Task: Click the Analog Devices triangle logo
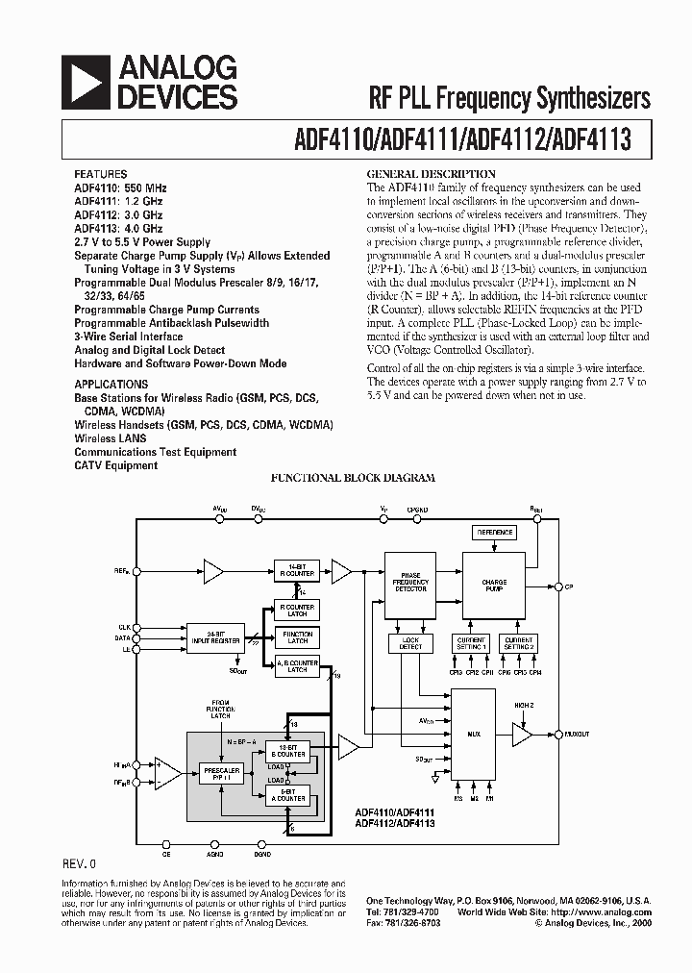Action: pyautogui.click(x=86, y=81)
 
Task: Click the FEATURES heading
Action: pyautogui.click(x=99, y=176)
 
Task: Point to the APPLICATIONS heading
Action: pyautogui.click(x=111, y=384)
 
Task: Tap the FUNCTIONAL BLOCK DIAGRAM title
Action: pyautogui.click(x=352, y=478)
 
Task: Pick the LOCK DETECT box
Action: pyautogui.click(x=410, y=643)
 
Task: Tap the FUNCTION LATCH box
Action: pyautogui.click(x=297, y=636)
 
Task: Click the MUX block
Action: pyautogui.click(x=474, y=736)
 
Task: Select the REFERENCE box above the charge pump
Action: pyautogui.click(x=494, y=533)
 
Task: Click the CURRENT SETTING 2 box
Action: pyautogui.click(x=518, y=643)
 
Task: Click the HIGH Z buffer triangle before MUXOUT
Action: pyautogui.click(x=521, y=736)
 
